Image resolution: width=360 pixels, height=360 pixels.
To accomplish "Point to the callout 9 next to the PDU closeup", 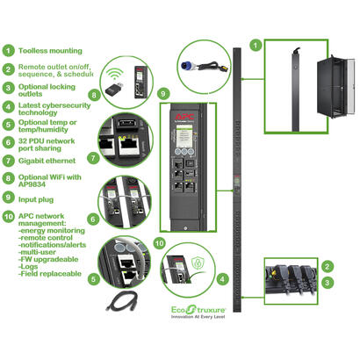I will tap(139, 91).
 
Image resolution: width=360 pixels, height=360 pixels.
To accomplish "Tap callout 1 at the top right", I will tap(256, 43).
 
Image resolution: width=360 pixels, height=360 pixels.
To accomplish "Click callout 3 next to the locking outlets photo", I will tap(328, 283).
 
